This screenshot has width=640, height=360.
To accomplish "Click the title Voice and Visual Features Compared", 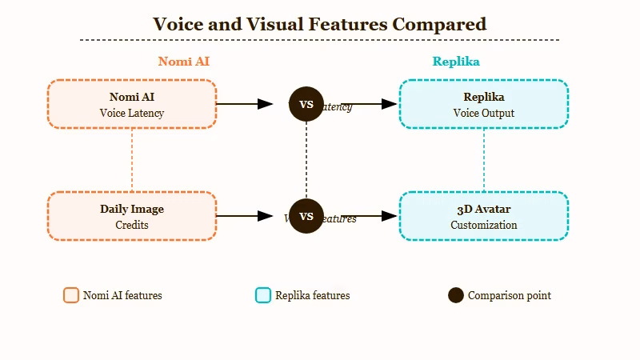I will coord(319,24).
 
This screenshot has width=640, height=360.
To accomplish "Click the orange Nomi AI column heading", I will coord(184,62).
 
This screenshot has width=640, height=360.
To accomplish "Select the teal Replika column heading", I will coord(456,62).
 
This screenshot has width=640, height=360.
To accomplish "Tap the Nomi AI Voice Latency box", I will coord(132,104).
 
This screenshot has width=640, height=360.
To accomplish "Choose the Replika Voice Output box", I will coord(484,104).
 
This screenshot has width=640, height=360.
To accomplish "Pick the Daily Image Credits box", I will coord(132,216).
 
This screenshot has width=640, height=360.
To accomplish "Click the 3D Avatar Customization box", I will coord(484,216).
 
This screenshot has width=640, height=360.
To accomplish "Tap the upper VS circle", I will coord(306,104).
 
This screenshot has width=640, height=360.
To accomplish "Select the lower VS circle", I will coord(306,216).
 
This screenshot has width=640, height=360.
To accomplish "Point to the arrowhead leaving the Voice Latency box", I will coord(265,104).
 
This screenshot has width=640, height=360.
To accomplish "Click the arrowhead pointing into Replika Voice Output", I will coord(390,104).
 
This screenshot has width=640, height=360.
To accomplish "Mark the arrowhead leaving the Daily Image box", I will coord(265,216).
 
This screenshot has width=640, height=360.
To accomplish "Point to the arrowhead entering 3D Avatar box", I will coord(390,216).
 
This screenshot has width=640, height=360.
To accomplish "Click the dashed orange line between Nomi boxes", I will coord(132,160).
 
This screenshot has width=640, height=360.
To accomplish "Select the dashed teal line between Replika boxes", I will coord(484,160).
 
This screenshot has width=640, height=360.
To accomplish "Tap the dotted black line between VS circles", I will coord(306,160).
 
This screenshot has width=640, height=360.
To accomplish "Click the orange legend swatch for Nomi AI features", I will coord(71,295).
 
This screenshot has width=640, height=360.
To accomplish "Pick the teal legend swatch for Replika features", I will coord(263,295).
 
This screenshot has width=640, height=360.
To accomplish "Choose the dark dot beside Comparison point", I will coord(456,295).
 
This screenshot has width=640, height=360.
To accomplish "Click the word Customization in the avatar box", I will coord(484,226).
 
